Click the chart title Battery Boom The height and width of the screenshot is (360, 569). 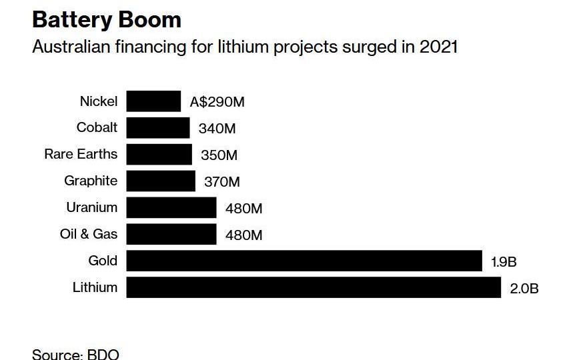tap(107, 19)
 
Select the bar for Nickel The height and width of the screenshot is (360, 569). tap(153, 101)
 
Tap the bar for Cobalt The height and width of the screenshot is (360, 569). tap(158, 128)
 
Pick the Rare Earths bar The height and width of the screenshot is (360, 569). tap(159, 155)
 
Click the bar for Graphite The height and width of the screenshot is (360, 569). tap(161, 181)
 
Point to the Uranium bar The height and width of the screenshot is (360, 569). tap(171, 208)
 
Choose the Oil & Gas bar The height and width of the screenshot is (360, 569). tap(171, 235)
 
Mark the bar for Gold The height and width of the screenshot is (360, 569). tap(304, 261)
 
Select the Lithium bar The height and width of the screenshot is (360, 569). tap(314, 288)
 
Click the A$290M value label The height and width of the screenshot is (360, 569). tap(217, 102)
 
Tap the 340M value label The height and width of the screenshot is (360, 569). tap(217, 129)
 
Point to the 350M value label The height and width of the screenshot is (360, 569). tap(219, 155)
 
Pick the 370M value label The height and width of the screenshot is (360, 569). tap(221, 182)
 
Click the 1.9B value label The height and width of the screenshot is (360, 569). tap(504, 262)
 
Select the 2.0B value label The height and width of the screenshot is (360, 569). tap(524, 289)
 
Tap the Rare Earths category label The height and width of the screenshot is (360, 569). tap(81, 154)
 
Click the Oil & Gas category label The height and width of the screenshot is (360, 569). tap(88, 234)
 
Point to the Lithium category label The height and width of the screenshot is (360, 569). tap(95, 287)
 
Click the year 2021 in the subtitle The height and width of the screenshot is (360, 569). tap(438, 48)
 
